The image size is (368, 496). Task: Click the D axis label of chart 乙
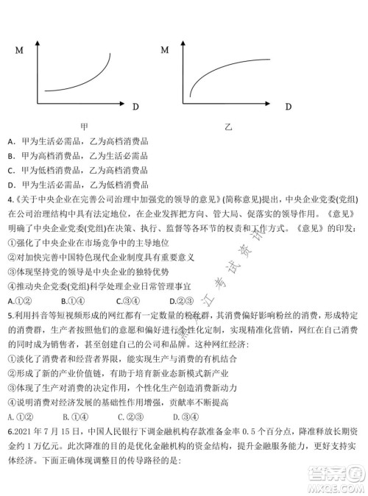click(288, 106)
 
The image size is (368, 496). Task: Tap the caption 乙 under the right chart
click(230, 127)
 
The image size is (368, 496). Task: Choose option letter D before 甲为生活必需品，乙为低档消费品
click(11, 185)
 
